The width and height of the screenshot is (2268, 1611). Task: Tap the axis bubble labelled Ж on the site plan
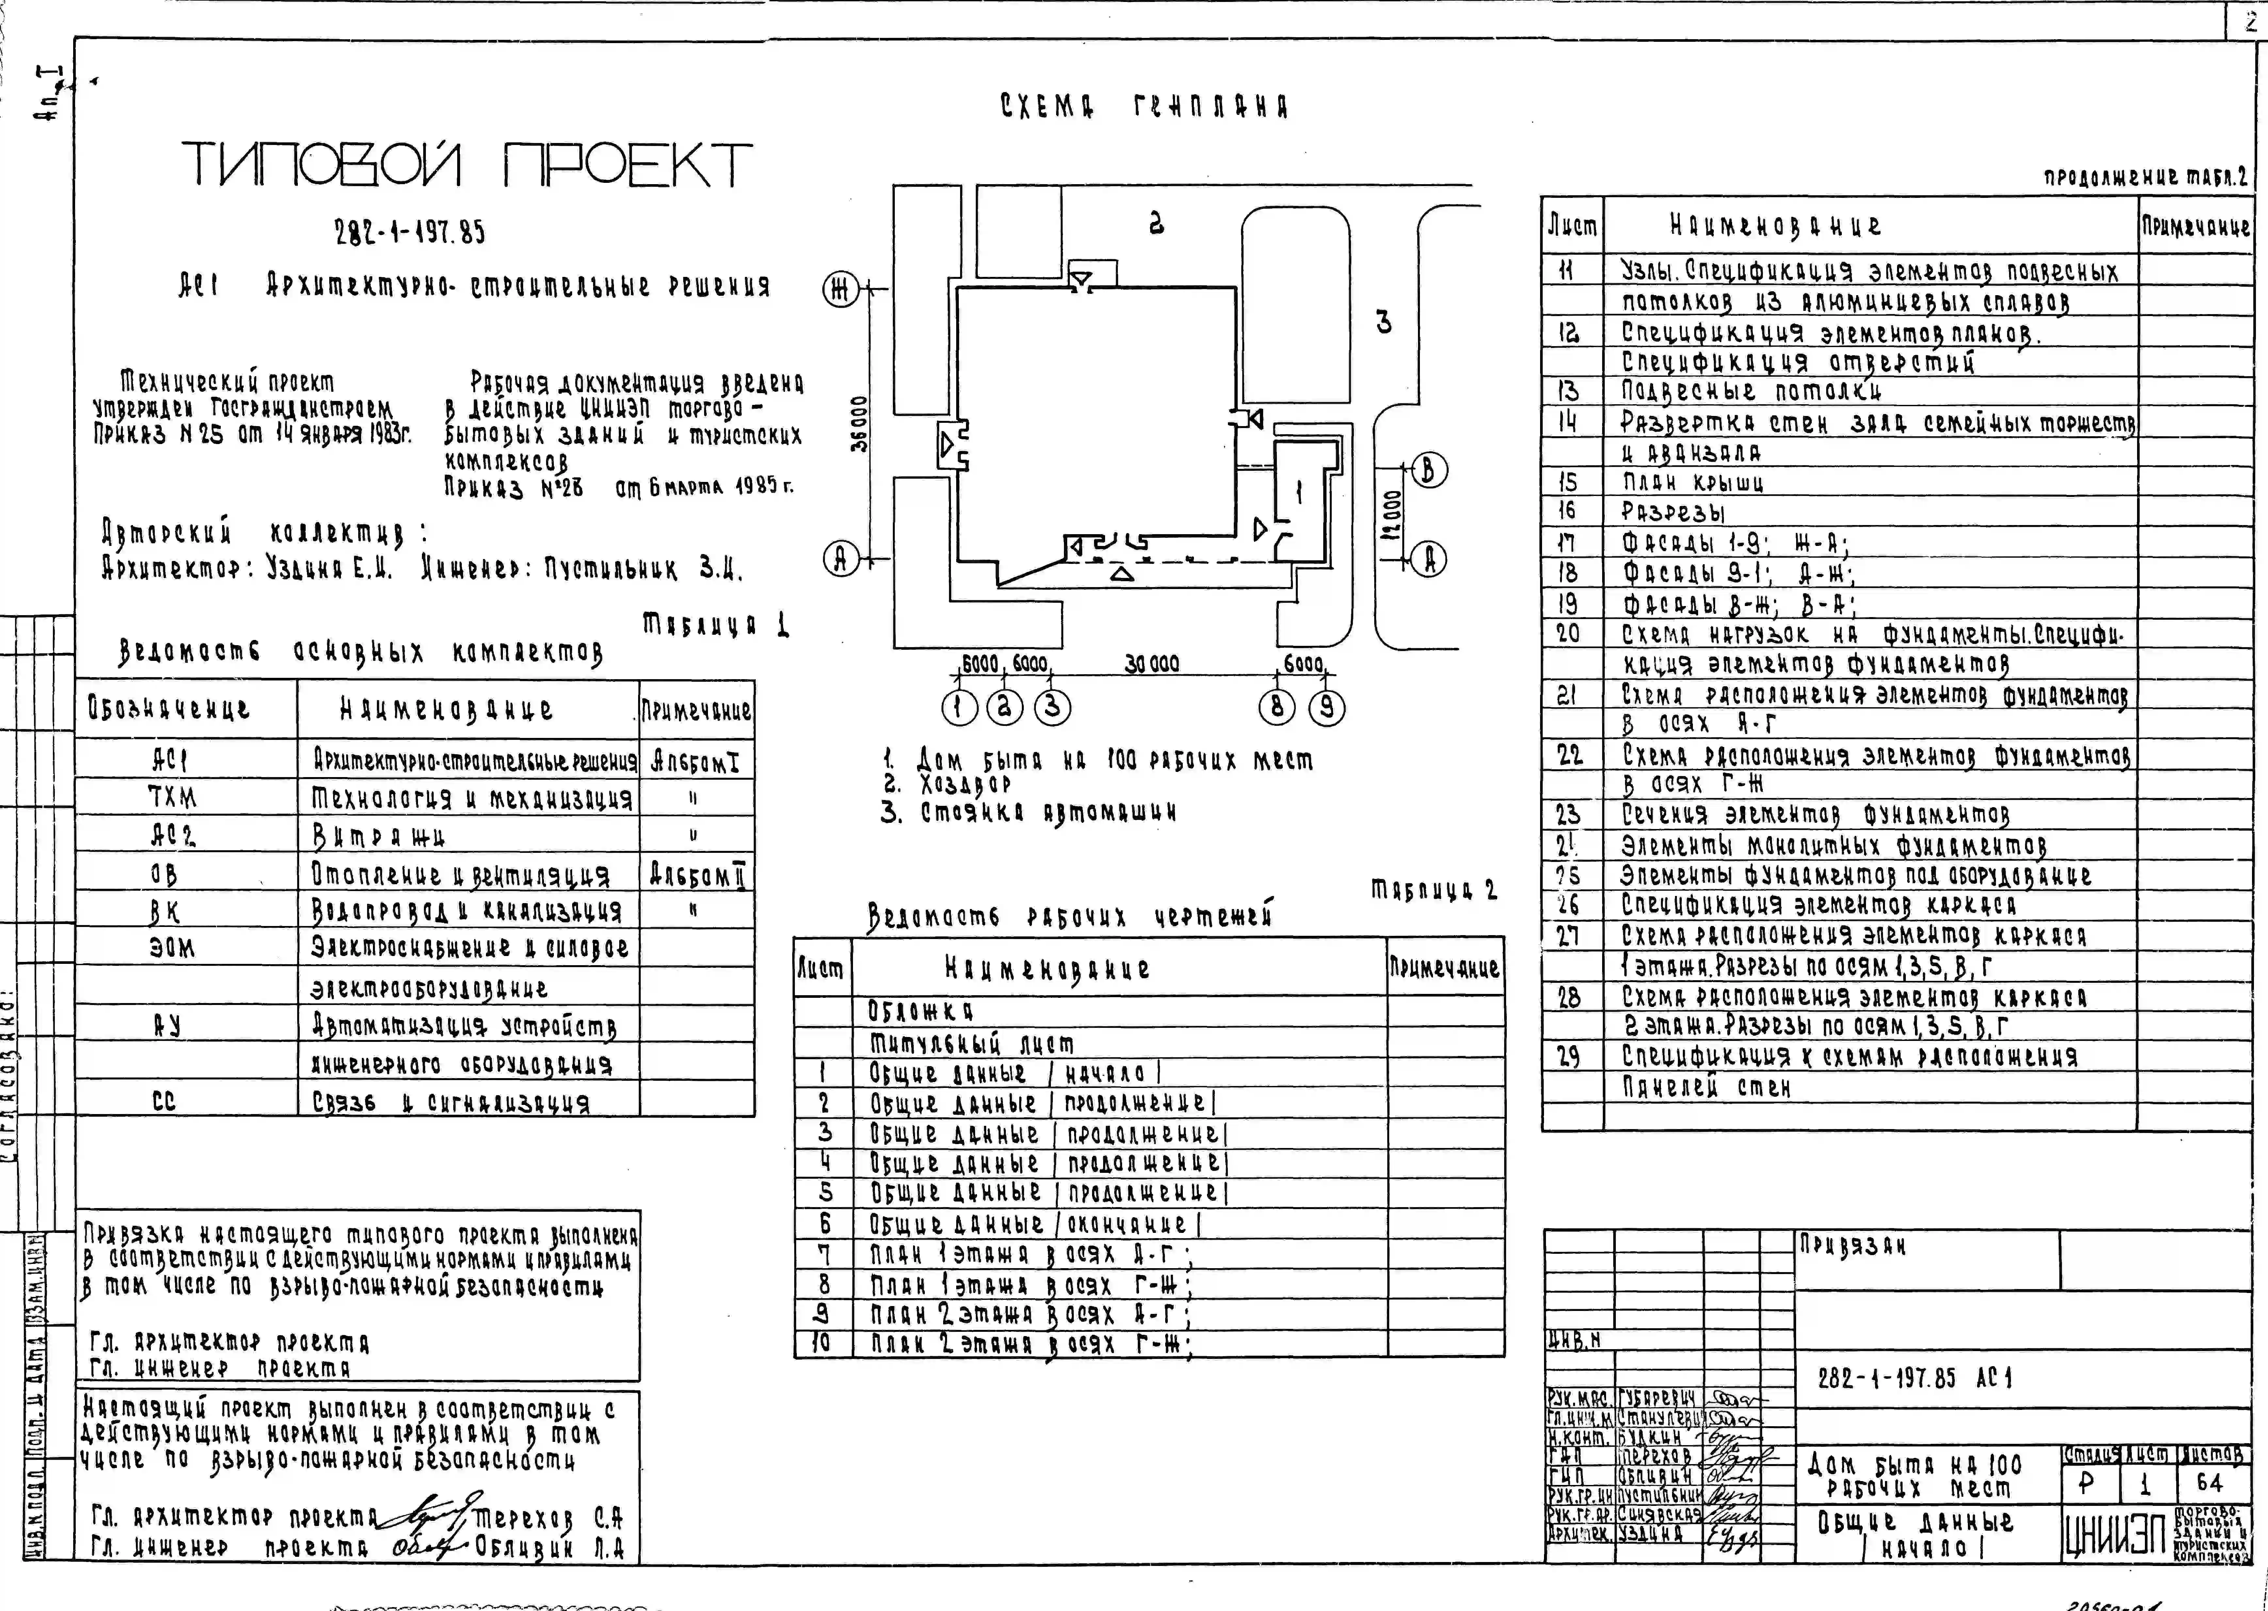tap(840, 290)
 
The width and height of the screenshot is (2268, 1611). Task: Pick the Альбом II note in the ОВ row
tap(697, 875)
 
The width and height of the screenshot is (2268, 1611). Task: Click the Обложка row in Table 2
tap(921, 1011)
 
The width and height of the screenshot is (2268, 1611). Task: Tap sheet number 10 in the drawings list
tap(823, 1343)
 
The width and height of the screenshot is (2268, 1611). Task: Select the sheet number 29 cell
tap(1568, 1057)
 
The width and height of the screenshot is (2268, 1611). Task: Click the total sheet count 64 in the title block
tap(2210, 1482)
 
